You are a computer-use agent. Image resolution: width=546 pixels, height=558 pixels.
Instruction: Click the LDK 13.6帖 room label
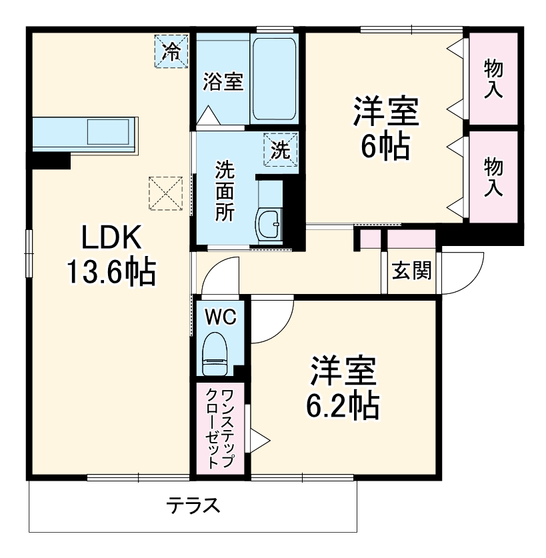pos(111,255)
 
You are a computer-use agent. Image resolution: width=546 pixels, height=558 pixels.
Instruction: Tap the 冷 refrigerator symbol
pos(172,51)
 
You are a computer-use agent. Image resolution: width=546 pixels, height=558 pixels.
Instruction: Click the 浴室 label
pos(223,82)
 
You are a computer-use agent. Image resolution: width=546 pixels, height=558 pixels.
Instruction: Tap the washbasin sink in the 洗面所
pos(271,223)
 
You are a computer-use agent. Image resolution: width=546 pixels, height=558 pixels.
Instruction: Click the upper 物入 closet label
pos(493,79)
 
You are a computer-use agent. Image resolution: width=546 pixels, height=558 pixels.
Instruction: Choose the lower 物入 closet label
pos(493,177)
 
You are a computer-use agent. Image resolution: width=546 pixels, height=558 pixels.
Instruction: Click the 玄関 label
pos(411,270)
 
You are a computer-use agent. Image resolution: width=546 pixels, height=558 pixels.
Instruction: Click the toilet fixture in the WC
pos(215,356)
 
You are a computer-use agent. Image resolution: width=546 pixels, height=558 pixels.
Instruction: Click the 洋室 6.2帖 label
pos(343,387)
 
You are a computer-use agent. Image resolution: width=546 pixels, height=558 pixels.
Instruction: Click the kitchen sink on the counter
pos(107,131)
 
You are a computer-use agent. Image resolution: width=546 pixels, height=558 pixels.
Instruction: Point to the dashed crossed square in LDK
pos(165,193)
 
